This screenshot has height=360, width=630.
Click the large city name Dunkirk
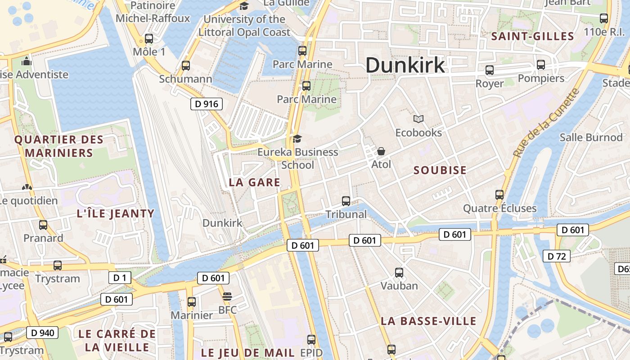pos(405,65)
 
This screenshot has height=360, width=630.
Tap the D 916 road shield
pos(207,104)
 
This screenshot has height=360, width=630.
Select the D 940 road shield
pos(43,333)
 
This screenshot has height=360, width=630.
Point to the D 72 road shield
pos(557,256)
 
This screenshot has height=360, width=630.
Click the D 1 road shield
pos(120,278)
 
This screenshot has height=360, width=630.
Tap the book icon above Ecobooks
pos(418,119)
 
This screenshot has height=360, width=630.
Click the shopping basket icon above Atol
pos(381,151)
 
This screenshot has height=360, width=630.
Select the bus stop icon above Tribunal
pos(346,201)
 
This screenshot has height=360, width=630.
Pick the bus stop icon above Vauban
pos(399,272)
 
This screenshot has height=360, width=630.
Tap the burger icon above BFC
pos(227,297)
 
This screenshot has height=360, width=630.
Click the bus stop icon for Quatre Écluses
pos(499,195)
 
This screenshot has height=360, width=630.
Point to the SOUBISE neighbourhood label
pos(440,170)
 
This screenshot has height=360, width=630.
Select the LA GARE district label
pos(255,182)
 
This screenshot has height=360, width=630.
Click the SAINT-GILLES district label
pos(533,36)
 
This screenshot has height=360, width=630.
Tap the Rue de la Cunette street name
pos(546,122)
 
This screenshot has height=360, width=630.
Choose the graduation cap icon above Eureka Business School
pos(297,139)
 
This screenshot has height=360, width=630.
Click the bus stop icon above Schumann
pos(186,66)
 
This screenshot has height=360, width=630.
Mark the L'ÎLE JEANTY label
pos(116,213)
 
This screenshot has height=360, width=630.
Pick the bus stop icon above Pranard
pos(43,225)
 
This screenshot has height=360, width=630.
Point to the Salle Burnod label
pos(591,137)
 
